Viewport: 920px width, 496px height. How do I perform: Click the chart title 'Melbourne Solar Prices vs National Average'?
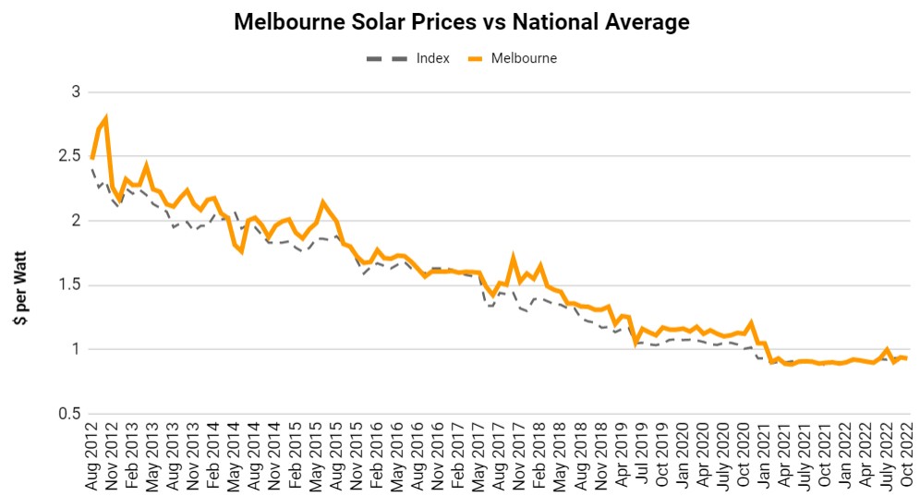(461, 22)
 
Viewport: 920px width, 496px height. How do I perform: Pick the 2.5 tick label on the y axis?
(69, 156)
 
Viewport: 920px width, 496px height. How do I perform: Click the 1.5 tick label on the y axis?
(69, 285)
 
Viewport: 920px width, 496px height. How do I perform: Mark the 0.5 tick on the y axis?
(69, 414)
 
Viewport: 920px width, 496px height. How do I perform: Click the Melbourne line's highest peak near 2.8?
(106, 118)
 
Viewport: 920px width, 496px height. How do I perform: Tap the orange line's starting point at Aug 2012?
(92, 158)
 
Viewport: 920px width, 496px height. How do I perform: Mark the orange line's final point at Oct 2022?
(906, 358)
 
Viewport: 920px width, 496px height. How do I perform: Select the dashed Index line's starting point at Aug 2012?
(92, 170)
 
